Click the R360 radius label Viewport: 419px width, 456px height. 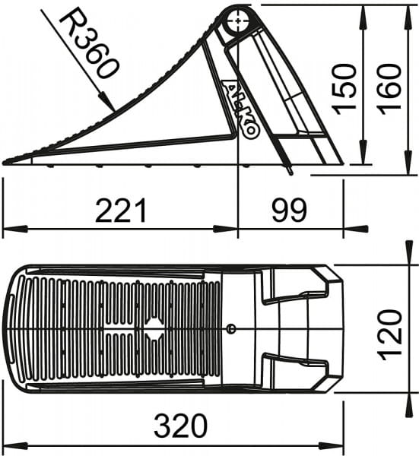point(89,46)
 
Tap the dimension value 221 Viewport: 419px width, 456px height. point(121,210)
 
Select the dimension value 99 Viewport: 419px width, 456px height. point(289,210)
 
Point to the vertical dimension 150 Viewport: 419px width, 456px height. point(344,89)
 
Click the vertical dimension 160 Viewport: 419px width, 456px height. point(389,89)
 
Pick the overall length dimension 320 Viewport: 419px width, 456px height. point(180,426)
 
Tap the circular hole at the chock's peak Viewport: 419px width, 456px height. point(238,21)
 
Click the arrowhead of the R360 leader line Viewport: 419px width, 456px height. point(107,102)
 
